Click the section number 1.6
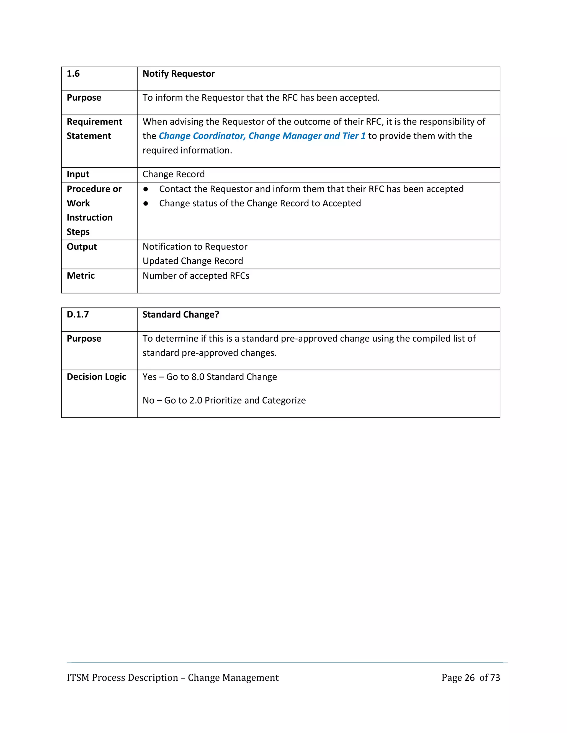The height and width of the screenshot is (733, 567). pos(73,74)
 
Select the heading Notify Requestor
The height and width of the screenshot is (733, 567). pos(178,74)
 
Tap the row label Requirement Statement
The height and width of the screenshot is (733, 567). pos(94,129)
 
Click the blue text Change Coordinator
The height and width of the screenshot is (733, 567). pos(202,136)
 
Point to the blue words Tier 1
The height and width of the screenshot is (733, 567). pos(354,136)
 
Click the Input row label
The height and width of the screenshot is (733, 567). pos(78,174)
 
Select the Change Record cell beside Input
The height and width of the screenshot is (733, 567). pos(174,174)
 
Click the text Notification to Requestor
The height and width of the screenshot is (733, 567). pos(195,247)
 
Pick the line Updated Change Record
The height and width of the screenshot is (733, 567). pos(193,261)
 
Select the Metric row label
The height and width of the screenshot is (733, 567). pos(81,275)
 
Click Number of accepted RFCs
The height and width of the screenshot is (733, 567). pos(196,276)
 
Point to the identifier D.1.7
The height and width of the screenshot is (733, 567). pos(78,314)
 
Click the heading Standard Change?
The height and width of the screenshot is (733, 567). pos(181,314)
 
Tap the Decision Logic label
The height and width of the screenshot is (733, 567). pos(96,377)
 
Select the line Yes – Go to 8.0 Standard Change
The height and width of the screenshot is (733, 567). pos(210,377)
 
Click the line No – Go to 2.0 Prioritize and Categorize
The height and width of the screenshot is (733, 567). pos(224,401)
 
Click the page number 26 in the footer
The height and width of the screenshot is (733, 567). pos(469,678)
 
